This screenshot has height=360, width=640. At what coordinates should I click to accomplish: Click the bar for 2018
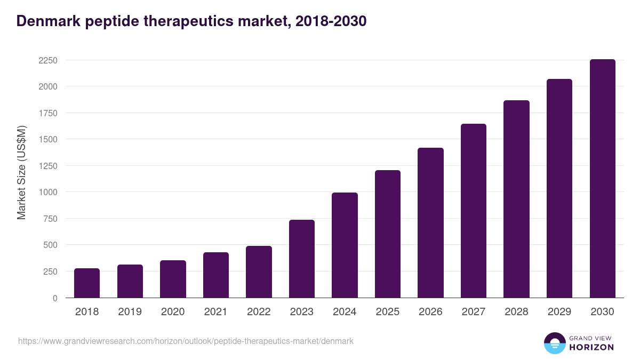[87, 283]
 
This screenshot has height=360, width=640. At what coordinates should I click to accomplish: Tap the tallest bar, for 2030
[602, 179]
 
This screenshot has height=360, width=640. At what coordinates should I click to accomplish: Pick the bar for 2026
[430, 223]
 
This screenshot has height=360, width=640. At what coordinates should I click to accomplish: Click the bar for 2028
[516, 199]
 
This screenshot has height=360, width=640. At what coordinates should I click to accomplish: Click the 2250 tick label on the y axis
[47, 60]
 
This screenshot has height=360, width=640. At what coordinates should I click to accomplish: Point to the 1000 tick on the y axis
[47, 192]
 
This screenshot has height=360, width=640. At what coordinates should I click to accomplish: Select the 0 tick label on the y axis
[54, 298]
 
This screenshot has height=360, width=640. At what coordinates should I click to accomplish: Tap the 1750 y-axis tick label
[47, 113]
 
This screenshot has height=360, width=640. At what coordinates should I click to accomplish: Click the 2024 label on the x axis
[345, 312]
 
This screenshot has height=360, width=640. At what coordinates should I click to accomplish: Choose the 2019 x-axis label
[130, 312]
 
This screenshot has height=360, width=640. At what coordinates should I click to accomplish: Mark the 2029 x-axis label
[559, 312]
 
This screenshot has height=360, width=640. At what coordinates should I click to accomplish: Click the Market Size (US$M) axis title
[21, 172]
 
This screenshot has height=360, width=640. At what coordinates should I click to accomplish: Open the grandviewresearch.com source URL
[186, 341]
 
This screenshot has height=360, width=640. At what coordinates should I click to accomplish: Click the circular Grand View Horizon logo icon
[554, 343]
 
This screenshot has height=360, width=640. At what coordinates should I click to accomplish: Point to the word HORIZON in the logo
[591, 347]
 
